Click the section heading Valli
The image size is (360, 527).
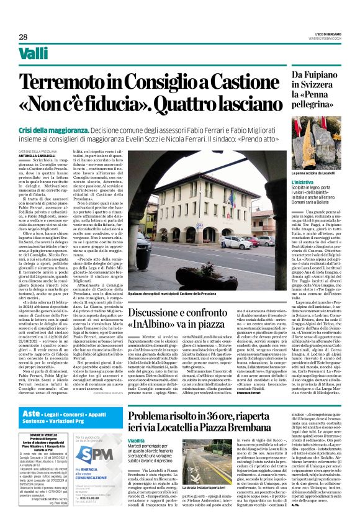(x=32, y=56)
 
